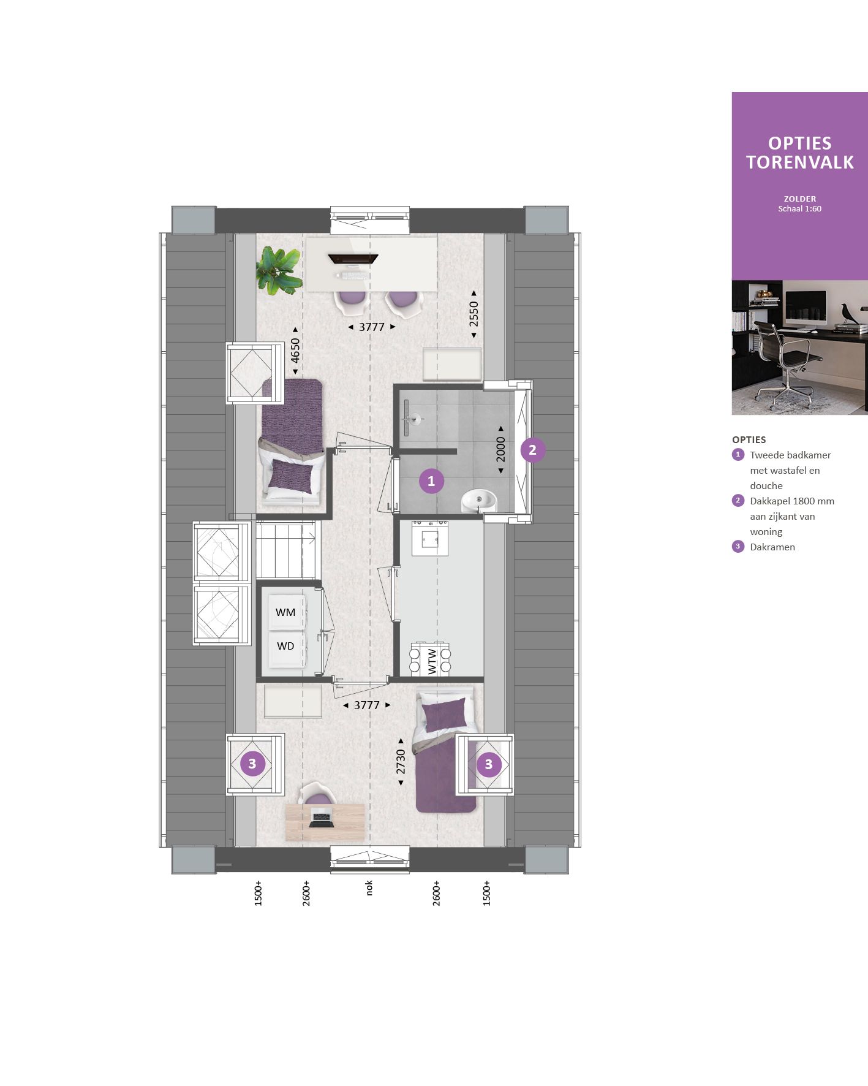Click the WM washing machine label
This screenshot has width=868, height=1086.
coord(285,612)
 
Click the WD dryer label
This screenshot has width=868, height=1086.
coord(285,646)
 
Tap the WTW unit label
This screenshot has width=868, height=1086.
coord(432,661)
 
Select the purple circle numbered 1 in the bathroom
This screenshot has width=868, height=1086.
coord(431,481)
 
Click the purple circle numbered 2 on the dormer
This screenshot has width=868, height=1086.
coord(532,450)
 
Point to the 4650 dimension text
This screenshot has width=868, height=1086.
coord(295,351)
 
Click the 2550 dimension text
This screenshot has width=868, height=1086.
coord(474,314)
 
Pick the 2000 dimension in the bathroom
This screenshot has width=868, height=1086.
coord(501,449)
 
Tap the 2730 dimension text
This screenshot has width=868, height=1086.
coord(401,761)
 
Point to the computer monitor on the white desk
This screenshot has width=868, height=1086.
coord(353,259)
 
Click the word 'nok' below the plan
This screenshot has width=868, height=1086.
coord(369,888)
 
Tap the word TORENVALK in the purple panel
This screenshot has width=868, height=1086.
coord(799,162)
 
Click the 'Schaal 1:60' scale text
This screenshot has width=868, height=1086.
coord(799,209)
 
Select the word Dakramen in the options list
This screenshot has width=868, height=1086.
coord(772,547)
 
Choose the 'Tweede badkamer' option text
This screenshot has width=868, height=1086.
coord(790,455)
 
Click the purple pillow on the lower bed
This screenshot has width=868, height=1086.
coord(444,716)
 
